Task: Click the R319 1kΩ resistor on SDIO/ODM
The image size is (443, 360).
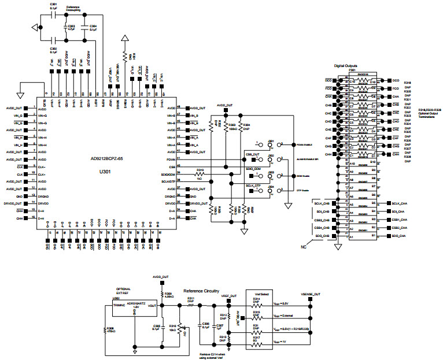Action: [x=200, y=173]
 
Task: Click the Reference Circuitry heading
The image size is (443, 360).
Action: [x=202, y=291]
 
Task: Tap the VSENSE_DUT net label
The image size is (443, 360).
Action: [x=311, y=294]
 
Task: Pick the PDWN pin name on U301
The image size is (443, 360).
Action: [x=169, y=158]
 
